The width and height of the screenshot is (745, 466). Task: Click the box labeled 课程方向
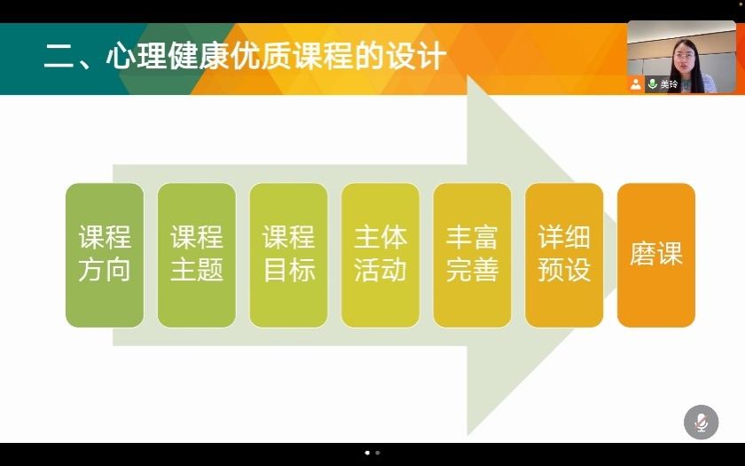pyautogui.click(x=105, y=256)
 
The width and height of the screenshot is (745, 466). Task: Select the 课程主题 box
pyautogui.click(x=197, y=256)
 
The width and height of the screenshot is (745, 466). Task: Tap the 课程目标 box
pyautogui.click(x=288, y=256)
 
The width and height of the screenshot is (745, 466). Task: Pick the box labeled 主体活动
pyautogui.click(x=380, y=256)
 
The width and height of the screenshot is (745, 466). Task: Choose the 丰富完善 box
pyautogui.click(x=472, y=256)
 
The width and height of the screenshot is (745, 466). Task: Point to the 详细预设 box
pyautogui.click(x=564, y=256)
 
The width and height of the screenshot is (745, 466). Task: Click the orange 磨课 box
pyautogui.click(x=656, y=256)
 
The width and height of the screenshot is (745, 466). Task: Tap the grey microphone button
pyautogui.click(x=702, y=422)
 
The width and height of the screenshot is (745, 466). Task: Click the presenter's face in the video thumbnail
pyautogui.click(x=684, y=58)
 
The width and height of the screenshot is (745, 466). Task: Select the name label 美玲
pyautogui.click(x=669, y=84)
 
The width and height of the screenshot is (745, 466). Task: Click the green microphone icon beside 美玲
pyautogui.click(x=653, y=84)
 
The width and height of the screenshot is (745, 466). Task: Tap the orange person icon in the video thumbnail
pyautogui.click(x=636, y=84)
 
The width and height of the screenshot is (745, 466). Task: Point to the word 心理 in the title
pyautogui.click(x=137, y=56)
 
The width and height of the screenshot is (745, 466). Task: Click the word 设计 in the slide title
pyautogui.click(x=416, y=56)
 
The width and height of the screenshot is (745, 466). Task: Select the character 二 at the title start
pyautogui.click(x=59, y=57)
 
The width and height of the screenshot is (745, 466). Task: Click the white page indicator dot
pyautogui.click(x=367, y=453)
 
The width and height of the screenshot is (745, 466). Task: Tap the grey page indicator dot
pyautogui.click(x=378, y=453)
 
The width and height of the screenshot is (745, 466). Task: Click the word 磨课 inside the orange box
pyautogui.click(x=656, y=254)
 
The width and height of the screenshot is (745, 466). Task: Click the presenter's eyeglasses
pyautogui.click(x=684, y=57)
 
